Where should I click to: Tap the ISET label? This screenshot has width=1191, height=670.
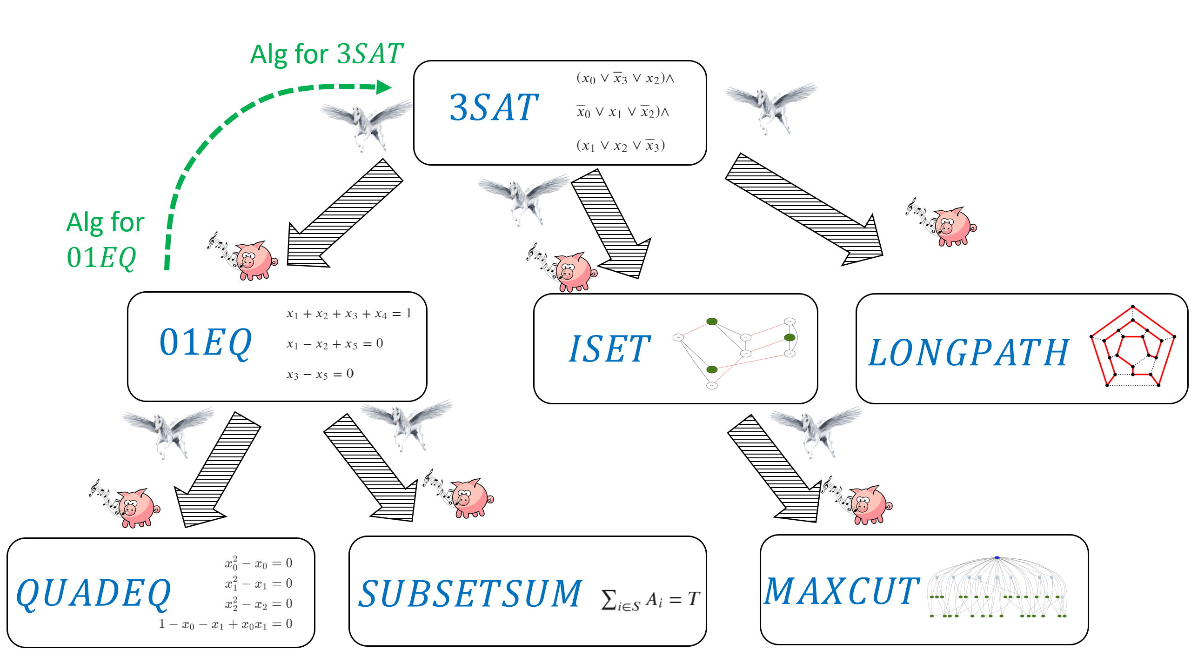[609, 349]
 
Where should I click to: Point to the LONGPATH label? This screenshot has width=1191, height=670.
[969, 353]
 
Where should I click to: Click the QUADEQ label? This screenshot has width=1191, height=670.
[94, 593]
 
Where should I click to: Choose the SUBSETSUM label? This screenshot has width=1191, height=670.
[470, 594]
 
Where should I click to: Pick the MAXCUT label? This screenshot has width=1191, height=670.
[842, 592]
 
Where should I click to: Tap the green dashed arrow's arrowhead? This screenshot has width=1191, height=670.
[384, 87]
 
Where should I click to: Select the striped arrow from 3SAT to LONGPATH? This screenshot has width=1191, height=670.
[805, 209]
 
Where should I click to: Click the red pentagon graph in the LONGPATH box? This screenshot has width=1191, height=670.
[1133, 347]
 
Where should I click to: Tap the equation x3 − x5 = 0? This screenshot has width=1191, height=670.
[320, 374]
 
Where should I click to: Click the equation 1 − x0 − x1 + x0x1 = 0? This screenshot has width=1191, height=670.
[225, 624]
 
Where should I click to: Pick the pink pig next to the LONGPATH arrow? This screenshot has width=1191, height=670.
[949, 226]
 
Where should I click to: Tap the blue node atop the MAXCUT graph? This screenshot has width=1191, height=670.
[997, 557]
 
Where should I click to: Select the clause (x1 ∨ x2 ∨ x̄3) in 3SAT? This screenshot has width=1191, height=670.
[621, 146]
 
